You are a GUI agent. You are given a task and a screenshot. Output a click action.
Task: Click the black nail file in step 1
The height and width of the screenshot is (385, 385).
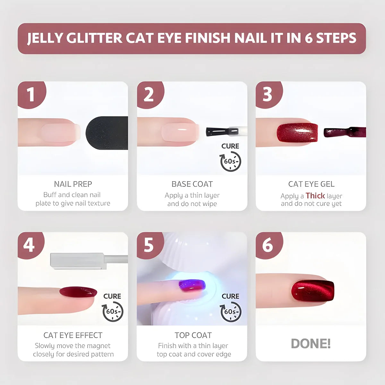(107, 133)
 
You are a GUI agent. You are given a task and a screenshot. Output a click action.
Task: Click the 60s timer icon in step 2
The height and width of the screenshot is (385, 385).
(230, 161)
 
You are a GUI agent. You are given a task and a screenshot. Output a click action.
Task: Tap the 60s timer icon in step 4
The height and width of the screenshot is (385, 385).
(113, 312)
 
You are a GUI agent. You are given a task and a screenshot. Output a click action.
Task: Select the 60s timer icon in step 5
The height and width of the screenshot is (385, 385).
(230, 312)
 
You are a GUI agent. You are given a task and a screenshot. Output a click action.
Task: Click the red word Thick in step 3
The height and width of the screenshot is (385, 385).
(315, 196)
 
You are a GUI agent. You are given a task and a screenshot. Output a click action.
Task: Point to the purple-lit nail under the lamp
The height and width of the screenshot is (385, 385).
(192, 285)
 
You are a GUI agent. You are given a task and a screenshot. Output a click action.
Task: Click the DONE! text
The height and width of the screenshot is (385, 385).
(311, 344)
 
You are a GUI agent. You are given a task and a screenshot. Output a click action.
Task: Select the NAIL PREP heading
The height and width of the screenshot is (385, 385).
(73, 184)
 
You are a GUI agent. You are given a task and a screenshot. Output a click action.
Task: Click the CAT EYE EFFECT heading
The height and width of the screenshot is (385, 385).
(73, 335)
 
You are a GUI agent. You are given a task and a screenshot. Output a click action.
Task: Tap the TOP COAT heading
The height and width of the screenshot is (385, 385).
(193, 335)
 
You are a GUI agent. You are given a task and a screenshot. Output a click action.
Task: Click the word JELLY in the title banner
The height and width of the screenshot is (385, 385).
(45, 38)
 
